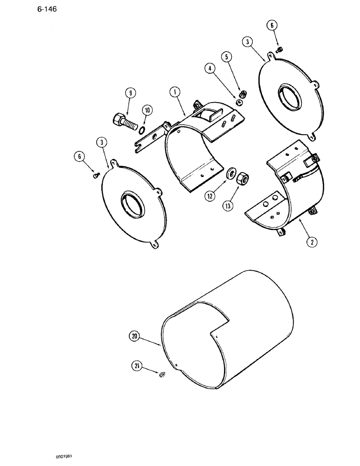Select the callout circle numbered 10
pos(147,110)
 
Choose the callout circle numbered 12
pos(210,197)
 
